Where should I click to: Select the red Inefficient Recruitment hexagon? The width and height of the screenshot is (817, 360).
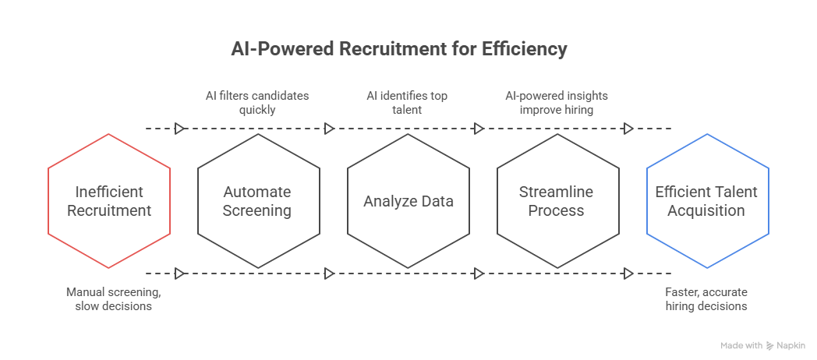109,201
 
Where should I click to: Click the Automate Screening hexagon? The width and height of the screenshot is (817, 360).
257,201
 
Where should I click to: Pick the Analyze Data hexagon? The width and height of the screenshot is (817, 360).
408,201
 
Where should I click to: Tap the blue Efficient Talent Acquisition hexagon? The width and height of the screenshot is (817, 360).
707,201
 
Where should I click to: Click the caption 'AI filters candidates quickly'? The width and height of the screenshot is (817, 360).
257,103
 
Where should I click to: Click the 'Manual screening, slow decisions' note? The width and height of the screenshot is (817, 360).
110,299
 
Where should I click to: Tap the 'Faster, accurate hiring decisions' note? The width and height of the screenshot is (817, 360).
706,299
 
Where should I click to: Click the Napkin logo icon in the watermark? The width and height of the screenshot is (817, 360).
770,345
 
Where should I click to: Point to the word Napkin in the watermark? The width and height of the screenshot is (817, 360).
790,345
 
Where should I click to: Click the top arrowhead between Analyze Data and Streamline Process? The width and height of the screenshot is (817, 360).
479,129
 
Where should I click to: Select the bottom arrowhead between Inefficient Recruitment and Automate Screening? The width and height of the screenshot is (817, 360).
180,274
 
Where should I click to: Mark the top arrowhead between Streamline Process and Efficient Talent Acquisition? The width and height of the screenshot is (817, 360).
628,129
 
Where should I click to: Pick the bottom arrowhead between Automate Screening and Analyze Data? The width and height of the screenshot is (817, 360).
329,274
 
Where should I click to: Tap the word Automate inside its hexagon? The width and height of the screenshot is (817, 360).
257,192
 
